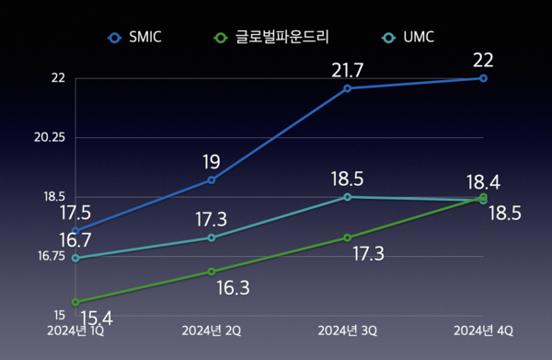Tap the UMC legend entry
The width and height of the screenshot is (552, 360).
click(408, 38)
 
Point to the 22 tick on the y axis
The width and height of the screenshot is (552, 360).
click(58, 78)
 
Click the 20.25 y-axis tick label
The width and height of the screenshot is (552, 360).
click(51, 137)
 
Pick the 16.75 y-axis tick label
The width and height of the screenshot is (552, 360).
click(51, 256)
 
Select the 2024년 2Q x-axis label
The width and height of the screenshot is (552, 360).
click(212, 330)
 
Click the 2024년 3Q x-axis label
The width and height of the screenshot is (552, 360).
click(347, 330)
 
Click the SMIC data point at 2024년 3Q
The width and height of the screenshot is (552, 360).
click(348, 88)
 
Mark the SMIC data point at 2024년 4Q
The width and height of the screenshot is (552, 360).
click(484, 78)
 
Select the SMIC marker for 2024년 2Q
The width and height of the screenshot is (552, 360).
click(212, 180)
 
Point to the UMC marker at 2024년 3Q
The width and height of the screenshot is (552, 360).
click(348, 197)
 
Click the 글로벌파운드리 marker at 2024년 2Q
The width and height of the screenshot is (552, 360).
click(212, 272)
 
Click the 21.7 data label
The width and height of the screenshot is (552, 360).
click(348, 69)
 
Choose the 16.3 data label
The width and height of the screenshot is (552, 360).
click(233, 287)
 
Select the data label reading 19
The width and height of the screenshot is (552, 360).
click(212, 161)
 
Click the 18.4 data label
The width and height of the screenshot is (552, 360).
click(483, 182)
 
